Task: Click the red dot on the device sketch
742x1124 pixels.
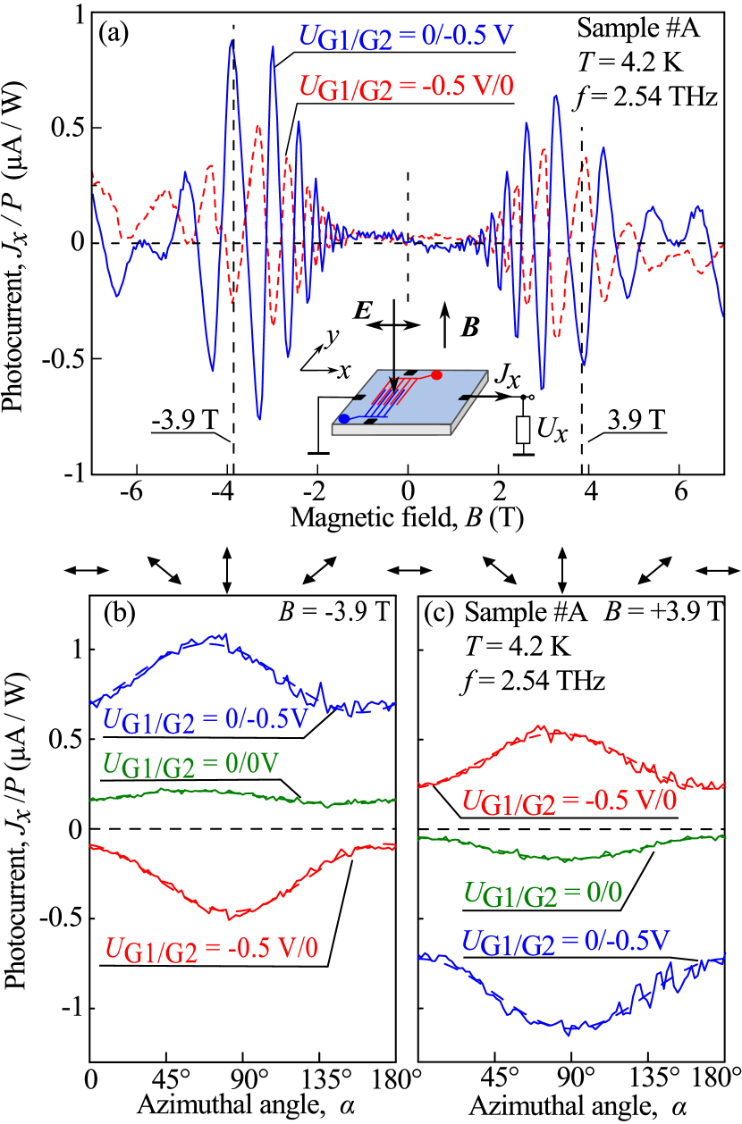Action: pyautogui.click(x=436, y=374)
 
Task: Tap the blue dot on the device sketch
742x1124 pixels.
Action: pyautogui.click(x=344, y=418)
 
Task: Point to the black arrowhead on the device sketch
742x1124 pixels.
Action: pyautogui.click(x=393, y=390)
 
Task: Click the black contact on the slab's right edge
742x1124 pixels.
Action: pyautogui.click(x=468, y=397)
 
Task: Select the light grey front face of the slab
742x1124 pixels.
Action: pyautogui.click(x=391, y=430)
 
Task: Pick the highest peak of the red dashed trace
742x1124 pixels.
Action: pyautogui.click(x=257, y=126)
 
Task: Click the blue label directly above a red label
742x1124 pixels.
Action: pyautogui.click(x=406, y=37)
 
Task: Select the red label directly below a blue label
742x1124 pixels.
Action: pyautogui.click(x=406, y=87)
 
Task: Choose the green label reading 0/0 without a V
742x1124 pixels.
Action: pyautogui.click(x=543, y=893)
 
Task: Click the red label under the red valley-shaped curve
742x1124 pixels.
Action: pyautogui.click(x=211, y=949)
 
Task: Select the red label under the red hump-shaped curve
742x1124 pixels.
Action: pyautogui.click(x=569, y=801)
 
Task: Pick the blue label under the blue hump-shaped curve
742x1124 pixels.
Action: pyautogui.click(x=206, y=720)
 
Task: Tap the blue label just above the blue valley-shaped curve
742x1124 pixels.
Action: pyautogui.click(x=566, y=941)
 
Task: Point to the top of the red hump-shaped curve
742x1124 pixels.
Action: pyautogui.click(x=541, y=727)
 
